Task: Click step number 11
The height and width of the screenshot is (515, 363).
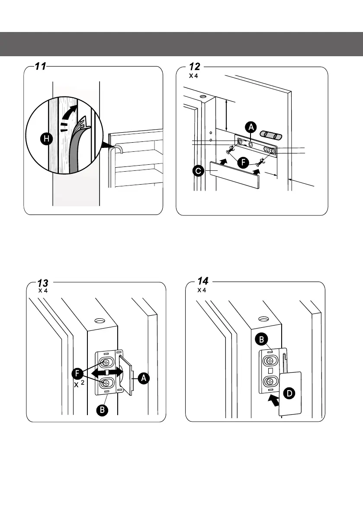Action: tap(41, 66)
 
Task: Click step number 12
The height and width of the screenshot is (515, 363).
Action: tap(194, 67)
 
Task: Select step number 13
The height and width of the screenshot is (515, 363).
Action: tap(43, 283)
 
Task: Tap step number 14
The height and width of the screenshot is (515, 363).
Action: tap(202, 281)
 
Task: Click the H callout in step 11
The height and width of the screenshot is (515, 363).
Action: tap(47, 139)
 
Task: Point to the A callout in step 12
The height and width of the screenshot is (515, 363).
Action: tap(251, 127)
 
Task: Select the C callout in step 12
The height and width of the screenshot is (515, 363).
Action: tap(199, 171)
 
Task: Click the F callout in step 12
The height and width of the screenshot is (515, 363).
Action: tap(243, 162)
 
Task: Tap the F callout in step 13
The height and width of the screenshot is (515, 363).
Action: tap(77, 374)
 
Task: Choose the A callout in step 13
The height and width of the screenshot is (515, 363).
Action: tap(144, 378)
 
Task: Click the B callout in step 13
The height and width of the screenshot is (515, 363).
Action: tap(102, 409)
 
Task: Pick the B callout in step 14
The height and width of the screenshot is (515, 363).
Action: tap(262, 339)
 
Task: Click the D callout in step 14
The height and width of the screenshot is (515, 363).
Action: tap(289, 393)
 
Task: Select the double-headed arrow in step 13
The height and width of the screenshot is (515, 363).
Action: tap(107, 373)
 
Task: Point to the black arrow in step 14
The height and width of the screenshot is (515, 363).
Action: tap(273, 400)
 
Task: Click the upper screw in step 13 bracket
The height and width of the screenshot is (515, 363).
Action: tap(106, 363)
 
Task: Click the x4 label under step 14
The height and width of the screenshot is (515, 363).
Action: tap(202, 290)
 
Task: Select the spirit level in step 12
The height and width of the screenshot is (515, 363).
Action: tap(271, 134)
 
